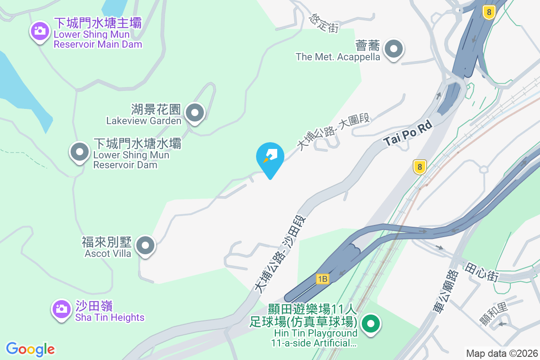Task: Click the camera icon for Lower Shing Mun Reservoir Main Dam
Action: click(40, 31)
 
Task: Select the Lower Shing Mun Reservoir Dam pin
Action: click(80, 152)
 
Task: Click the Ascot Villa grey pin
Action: click(145, 246)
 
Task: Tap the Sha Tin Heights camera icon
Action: click(60, 309)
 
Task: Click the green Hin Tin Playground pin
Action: click(371, 324)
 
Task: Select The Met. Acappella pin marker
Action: click(395, 49)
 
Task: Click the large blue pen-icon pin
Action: click(270, 157)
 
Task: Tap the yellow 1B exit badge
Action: click(322, 279)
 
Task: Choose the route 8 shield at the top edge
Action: click(489, 12)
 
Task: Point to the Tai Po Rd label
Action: click(408, 133)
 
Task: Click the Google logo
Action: click(31, 349)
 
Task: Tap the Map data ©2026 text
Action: click(501, 353)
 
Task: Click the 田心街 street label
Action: click(482, 272)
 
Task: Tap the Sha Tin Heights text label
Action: click(110, 317)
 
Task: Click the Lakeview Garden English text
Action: click(144, 121)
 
